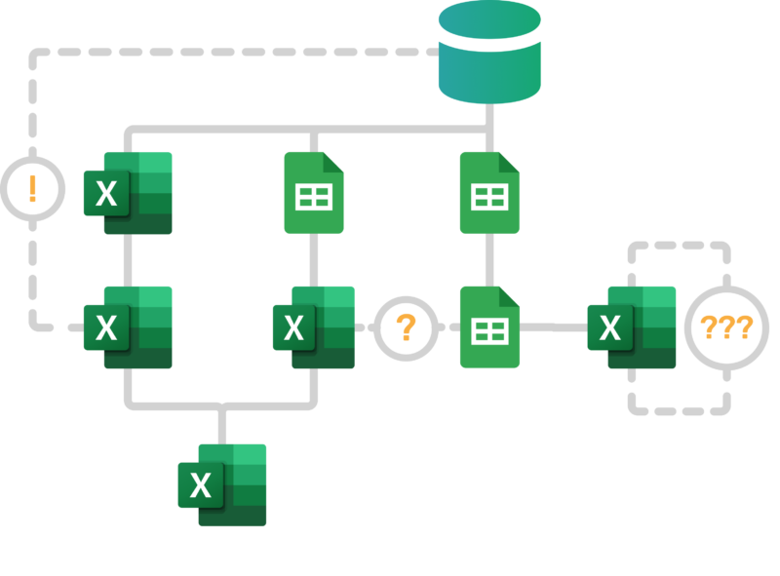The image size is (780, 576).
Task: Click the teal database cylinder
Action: pyautogui.click(x=489, y=54)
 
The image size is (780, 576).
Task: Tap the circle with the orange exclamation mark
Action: pyautogui.click(x=32, y=188)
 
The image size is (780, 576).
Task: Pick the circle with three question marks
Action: pyautogui.click(x=726, y=327)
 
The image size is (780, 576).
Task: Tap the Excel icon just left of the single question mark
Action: pyautogui.click(x=314, y=327)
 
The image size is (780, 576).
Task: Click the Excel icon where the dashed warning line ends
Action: pyautogui.click(x=128, y=327)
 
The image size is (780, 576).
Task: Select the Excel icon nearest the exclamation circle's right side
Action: pyautogui.click(x=128, y=193)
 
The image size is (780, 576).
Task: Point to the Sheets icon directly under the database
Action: pyautogui.click(x=489, y=193)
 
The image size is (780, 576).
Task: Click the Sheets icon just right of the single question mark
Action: pyautogui.click(x=489, y=327)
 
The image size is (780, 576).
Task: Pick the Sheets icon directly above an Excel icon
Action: pyautogui.click(x=314, y=193)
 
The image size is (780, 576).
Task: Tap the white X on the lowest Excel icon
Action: pyautogui.click(x=201, y=485)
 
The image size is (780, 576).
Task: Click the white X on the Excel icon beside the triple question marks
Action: pyautogui.click(x=610, y=328)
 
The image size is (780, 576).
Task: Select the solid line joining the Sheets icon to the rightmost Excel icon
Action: pyautogui.click(x=554, y=328)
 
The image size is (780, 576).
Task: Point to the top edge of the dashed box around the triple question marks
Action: pyautogui.click(x=679, y=247)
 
